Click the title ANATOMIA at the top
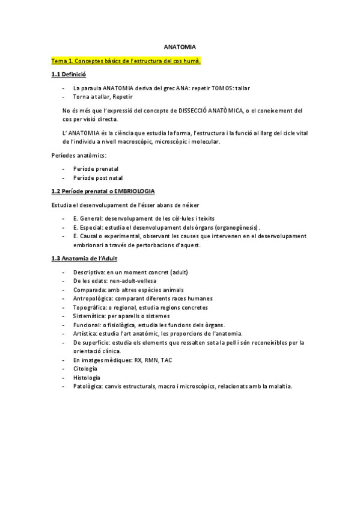[x=180, y=46]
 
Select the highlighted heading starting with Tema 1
[x=126, y=61]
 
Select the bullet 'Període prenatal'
[x=96, y=169]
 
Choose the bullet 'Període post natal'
[x=97, y=177]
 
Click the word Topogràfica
[x=90, y=307]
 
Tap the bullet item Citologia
[x=85, y=369]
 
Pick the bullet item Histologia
[x=86, y=377]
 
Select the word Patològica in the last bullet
[x=88, y=386]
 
